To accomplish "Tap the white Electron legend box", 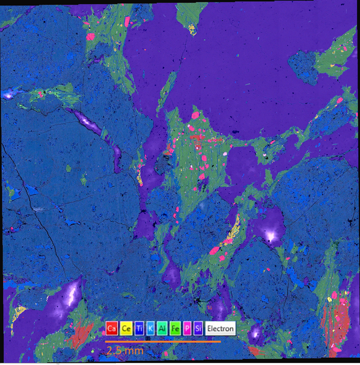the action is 220,329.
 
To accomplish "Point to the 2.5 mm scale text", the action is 125,351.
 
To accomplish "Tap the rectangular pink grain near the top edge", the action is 127,21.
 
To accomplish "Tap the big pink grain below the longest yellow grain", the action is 214,250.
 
